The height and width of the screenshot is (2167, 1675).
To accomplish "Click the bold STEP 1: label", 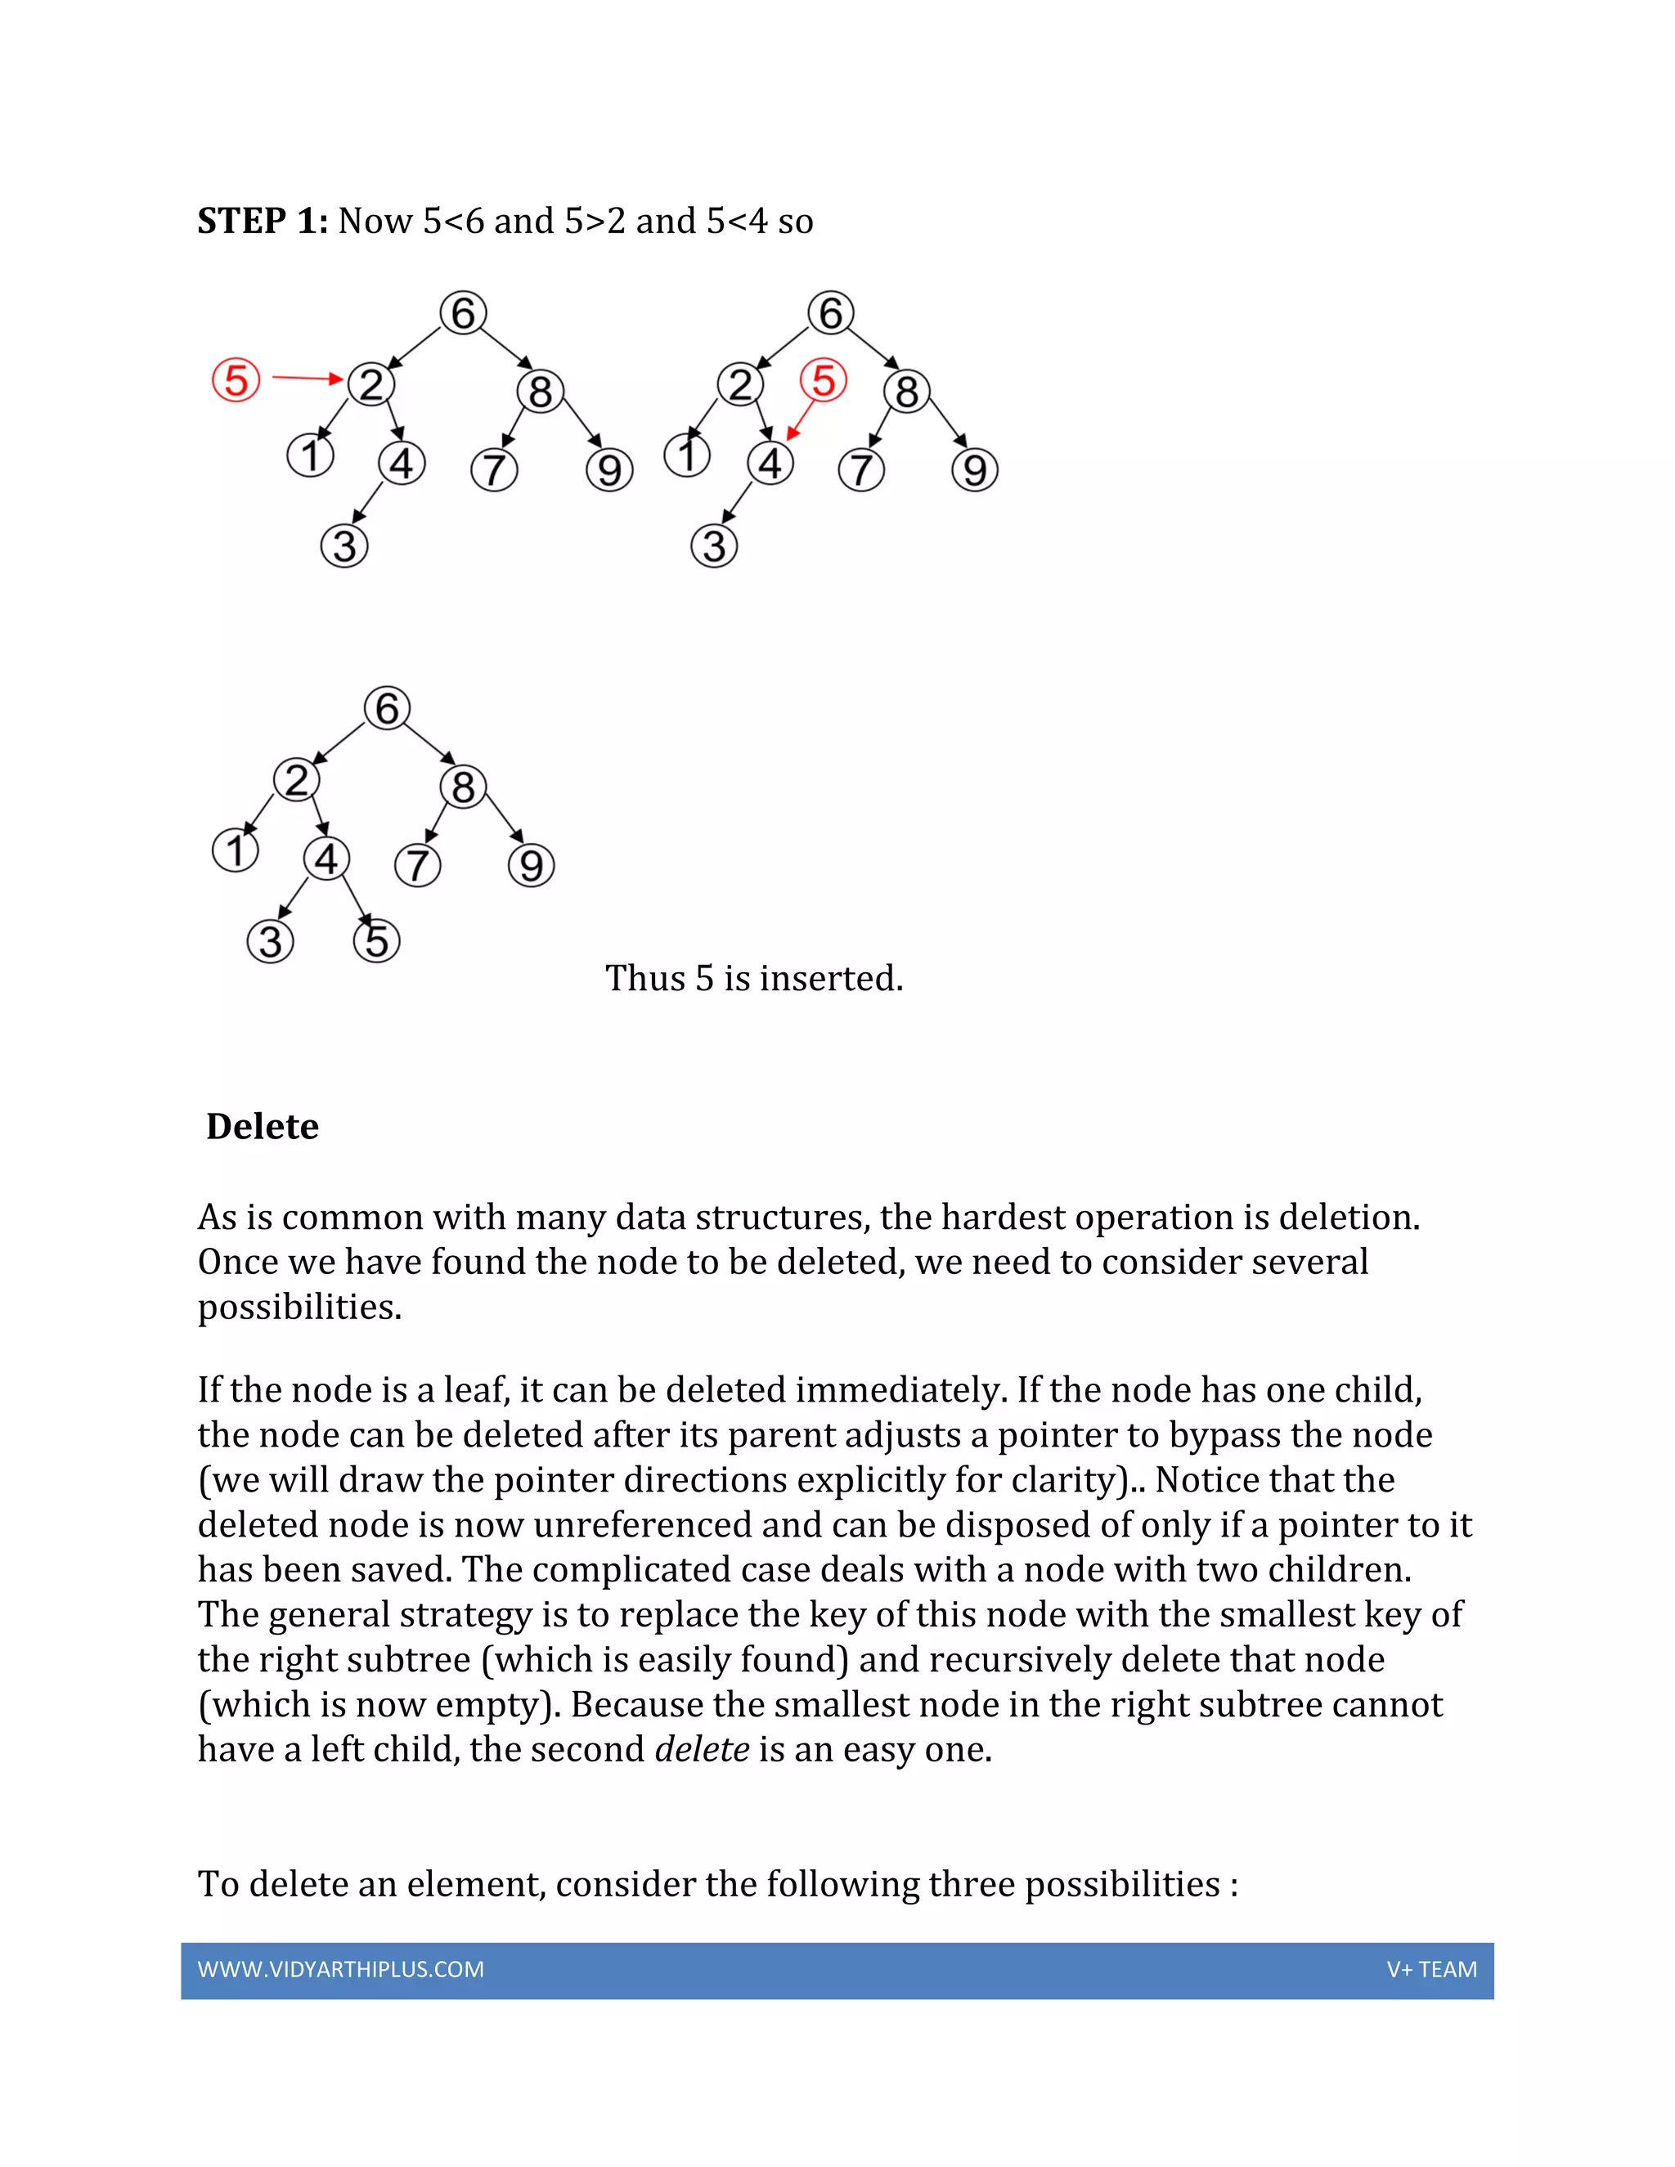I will pos(262,220).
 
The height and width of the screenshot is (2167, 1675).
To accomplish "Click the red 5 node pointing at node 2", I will pos(236,380).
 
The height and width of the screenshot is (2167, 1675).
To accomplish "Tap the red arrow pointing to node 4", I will pos(800,419).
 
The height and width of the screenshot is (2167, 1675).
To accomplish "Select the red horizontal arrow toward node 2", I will pos(307,378).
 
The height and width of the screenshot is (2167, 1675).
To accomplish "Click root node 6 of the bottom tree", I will pos(387,708).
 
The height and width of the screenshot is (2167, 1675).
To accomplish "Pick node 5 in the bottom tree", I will pos(376,940).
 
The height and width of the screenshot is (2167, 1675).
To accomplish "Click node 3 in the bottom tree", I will pos(270,940).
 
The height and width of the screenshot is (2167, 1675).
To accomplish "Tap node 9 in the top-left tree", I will pos(609,469).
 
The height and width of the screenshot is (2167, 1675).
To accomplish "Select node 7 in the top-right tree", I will pos(861,469).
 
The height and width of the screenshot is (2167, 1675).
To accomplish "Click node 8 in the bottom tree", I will pos(464,787).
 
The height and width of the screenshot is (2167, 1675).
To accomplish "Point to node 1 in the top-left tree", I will pos(311,456).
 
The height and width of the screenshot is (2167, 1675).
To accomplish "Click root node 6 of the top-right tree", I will pos(831,312).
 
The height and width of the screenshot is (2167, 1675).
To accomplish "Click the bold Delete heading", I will pos(262,1126).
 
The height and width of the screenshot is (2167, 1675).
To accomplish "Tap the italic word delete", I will pos(702,1748).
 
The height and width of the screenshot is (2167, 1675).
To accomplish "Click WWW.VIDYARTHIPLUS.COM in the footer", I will pos(340,1970).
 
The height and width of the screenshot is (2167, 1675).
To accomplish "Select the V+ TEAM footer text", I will pos(1431,1970).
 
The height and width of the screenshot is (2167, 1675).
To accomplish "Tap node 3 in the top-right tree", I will pos(713,545).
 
